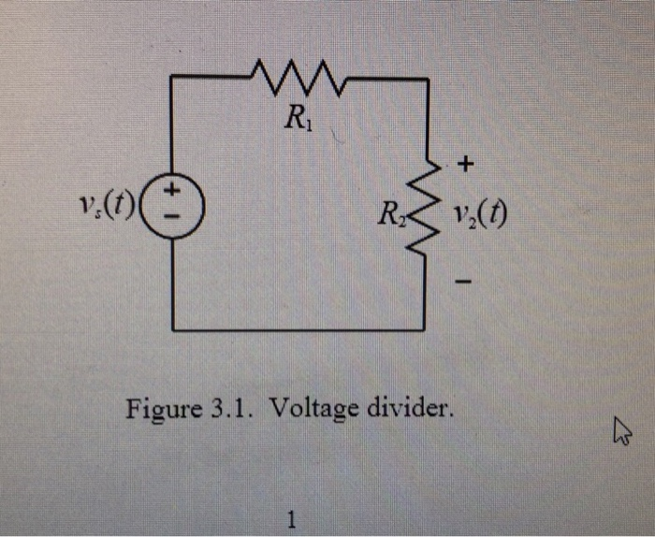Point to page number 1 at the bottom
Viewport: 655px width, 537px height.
pos(293,517)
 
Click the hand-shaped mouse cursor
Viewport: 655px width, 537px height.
pos(620,431)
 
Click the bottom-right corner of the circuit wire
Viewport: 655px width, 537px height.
pos(429,329)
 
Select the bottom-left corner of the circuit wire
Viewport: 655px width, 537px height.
pos(173,329)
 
